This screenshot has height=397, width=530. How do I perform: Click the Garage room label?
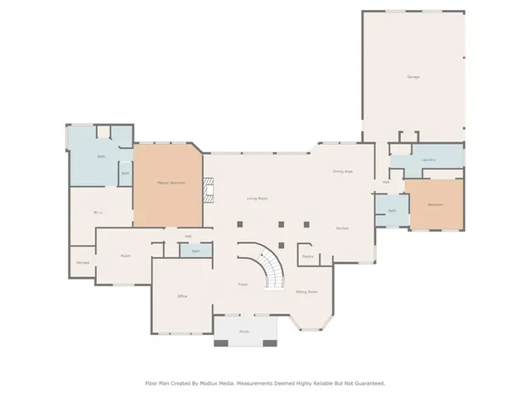412,77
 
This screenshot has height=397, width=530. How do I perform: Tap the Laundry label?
428,160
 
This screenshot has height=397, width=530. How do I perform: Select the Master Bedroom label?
171,182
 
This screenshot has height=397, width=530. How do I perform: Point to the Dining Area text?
343,171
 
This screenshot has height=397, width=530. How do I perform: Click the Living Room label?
257,198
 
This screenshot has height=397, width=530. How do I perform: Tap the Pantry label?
307,256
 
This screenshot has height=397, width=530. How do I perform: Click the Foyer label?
243,284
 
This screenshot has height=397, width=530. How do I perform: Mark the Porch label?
244,331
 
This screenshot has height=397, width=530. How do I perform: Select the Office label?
182,296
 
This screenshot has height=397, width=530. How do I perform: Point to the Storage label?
83,262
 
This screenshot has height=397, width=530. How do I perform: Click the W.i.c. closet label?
98,213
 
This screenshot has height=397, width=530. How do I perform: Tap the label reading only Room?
126,256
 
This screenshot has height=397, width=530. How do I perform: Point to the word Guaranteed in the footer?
368,383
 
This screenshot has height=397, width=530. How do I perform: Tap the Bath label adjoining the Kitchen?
391,211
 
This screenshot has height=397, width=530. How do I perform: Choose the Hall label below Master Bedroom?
189,237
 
